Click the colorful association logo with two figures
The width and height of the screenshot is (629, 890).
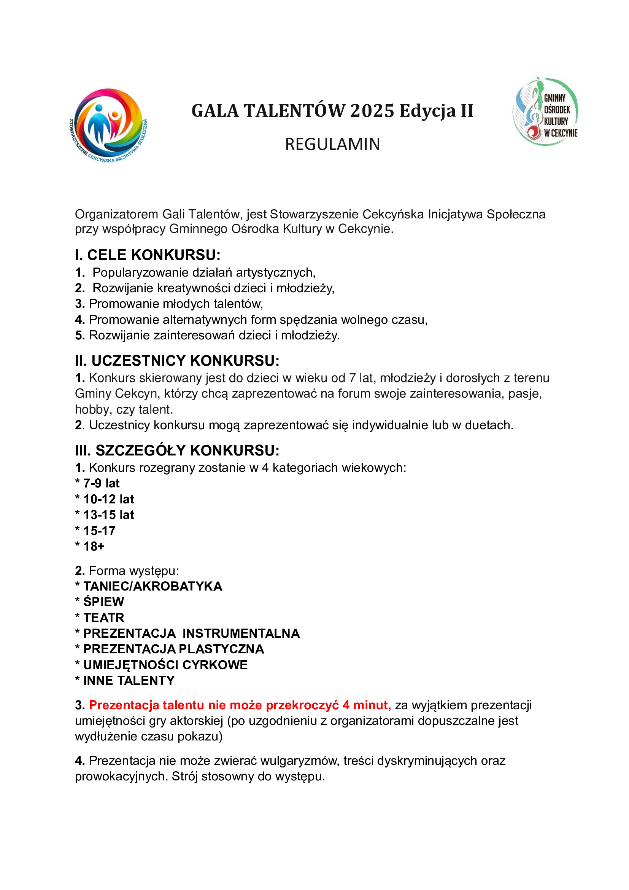click(108, 125)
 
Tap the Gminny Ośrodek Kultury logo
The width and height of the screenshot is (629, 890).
click(545, 111)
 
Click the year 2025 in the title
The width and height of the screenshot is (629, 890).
click(372, 111)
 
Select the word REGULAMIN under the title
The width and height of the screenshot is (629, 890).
click(332, 144)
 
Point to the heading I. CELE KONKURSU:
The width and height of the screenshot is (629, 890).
click(148, 255)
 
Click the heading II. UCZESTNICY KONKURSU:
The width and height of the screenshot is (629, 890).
click(177, 360)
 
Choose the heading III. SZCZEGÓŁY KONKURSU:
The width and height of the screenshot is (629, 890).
click(177, 451)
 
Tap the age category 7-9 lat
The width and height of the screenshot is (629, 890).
click(102, 483)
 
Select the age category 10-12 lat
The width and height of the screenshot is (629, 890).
click(109, 499)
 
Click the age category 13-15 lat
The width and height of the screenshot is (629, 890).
click(109, 515)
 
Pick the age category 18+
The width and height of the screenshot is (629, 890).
click(94, 546)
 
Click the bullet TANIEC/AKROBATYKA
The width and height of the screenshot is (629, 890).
click(153, 586)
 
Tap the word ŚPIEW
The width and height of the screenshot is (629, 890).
click(104, 602)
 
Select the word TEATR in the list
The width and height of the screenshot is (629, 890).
click(104, 618)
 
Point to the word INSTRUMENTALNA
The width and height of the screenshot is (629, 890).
click(241, 634)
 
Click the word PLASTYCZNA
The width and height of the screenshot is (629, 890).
click(221, 649)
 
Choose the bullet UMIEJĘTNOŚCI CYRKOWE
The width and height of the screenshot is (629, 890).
click(165, 665)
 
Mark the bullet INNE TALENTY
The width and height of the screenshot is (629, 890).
click(129, 680)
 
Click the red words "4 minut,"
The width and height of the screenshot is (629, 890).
click(366, 705)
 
